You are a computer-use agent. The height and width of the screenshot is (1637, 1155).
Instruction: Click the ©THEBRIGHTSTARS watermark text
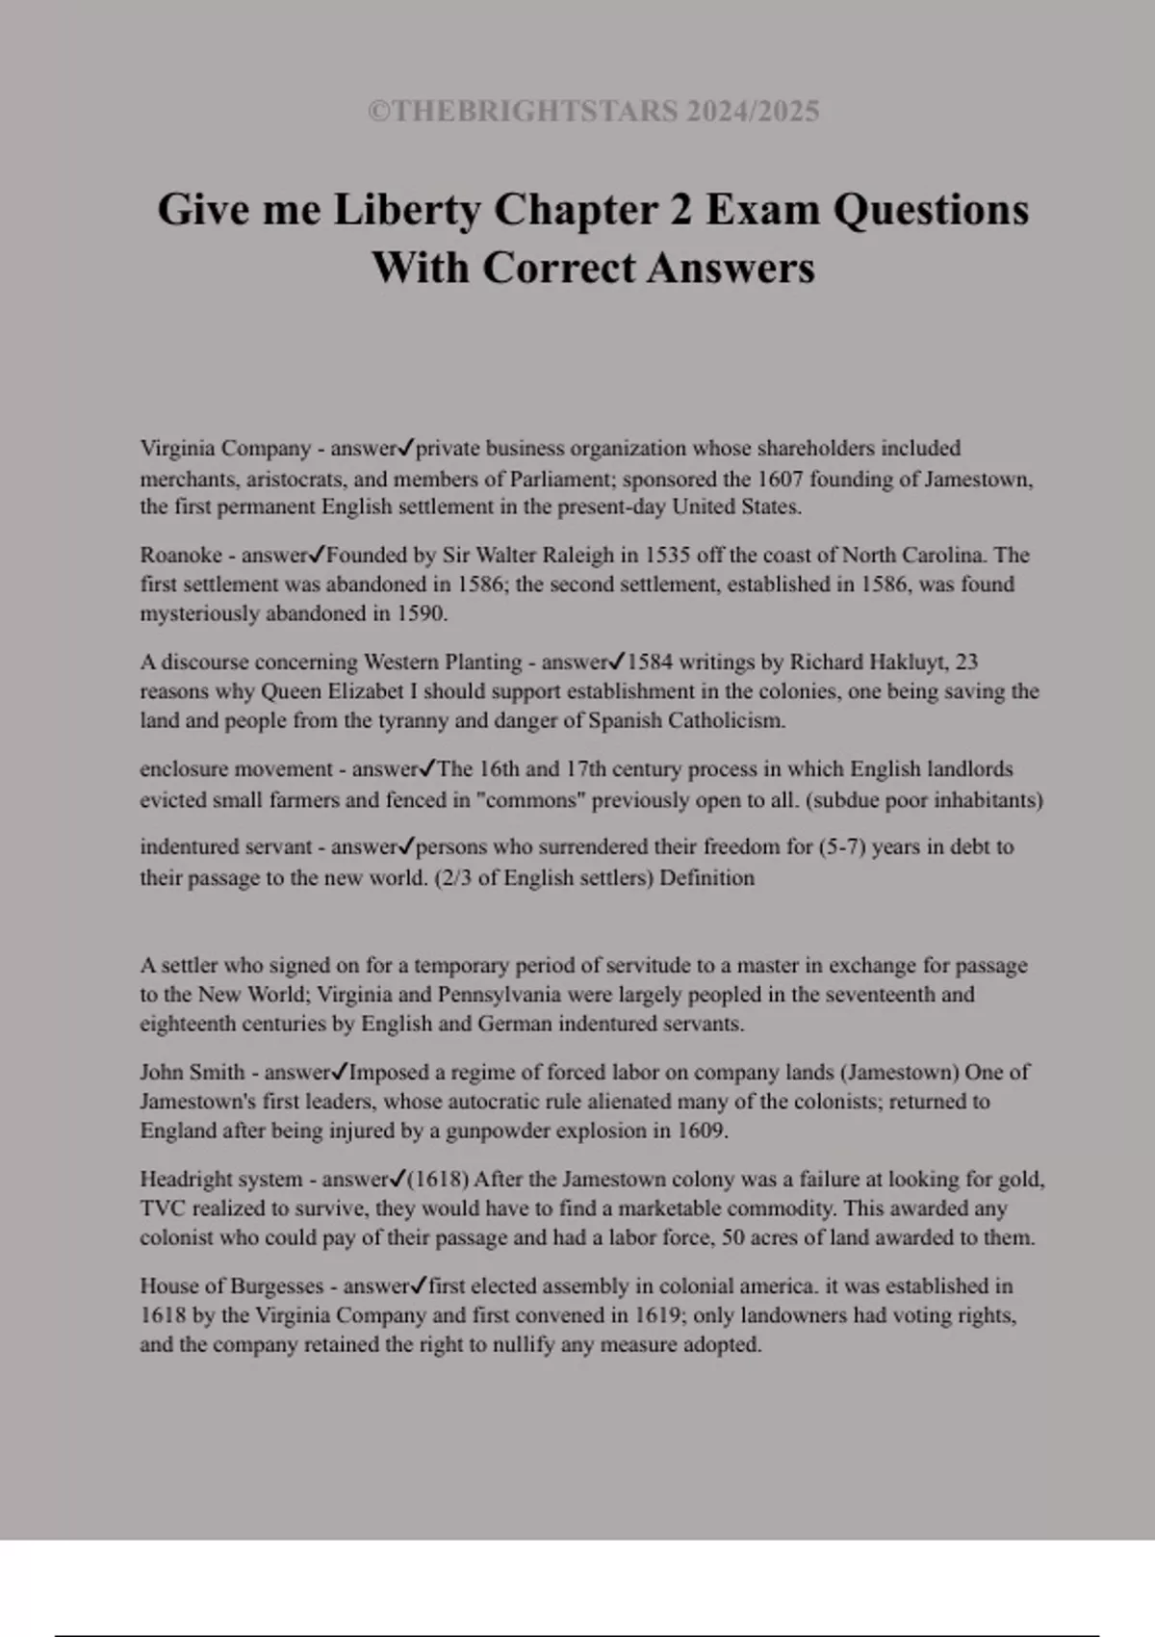(x=593, y=112)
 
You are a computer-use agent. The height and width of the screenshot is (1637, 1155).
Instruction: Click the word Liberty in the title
(x=407, y=210)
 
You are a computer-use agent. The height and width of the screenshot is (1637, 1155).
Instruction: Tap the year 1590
(x=422, y=613)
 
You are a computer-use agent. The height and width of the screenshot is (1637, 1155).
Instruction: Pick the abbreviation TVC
(x=163, y=1208)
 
